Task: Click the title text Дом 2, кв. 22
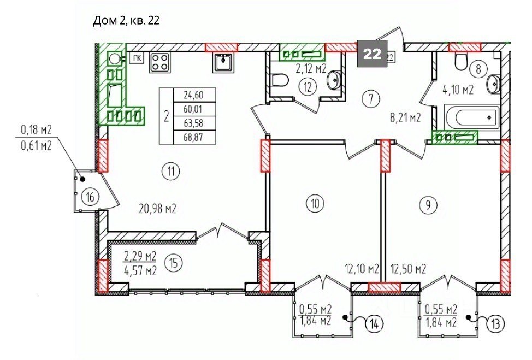tap(126, 21)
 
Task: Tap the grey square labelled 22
tap(372, 54)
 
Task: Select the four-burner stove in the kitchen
tap(159, 62)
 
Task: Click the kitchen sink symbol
tap(223, 62)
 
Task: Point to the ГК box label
tap(137, 58)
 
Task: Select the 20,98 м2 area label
tap(157, 209)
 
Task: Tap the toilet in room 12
tap(280, 81)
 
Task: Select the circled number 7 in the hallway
tap(371, 99)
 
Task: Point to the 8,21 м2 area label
tap(405, 118)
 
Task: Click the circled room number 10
tap(315, 204)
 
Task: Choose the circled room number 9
tap(428, 205)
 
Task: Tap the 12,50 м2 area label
tap(408, 269)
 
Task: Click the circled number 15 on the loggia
tap(173, 263)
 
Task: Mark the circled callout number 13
tap(496, 324)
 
